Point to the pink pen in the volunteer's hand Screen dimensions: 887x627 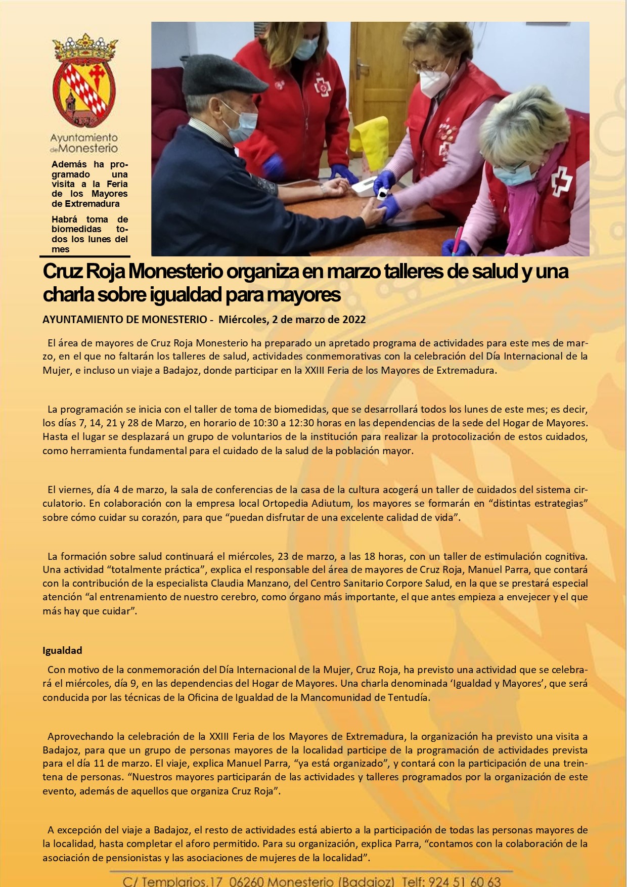pos(457,238)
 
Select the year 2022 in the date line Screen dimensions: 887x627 pos(354,320)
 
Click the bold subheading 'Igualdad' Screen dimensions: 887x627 pos(62,650)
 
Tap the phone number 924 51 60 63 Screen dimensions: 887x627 pos(465,881)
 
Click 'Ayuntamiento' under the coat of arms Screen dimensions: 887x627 pos(84,138)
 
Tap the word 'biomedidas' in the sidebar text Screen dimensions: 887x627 pos(76,229)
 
